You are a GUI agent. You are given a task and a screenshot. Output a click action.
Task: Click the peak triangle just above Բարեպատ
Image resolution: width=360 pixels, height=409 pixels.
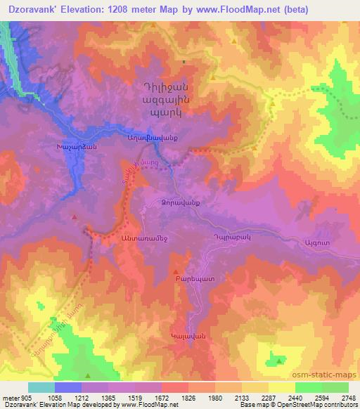(x=176, y=270)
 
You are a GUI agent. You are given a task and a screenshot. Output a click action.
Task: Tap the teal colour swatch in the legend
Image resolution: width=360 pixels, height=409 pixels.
(x=41, y=387)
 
